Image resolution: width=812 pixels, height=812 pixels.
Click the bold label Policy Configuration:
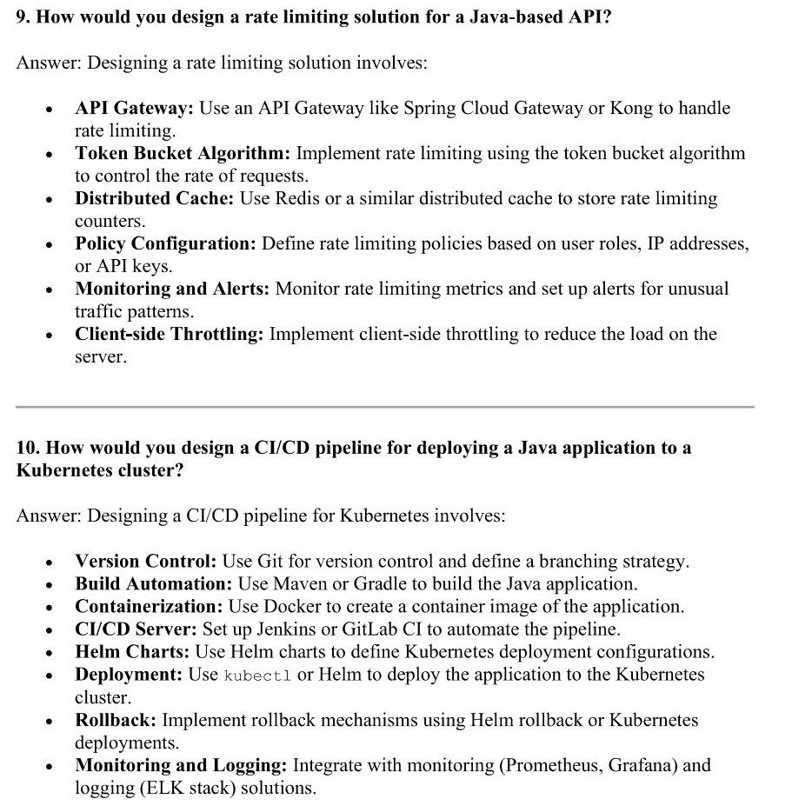(x=165, y=243)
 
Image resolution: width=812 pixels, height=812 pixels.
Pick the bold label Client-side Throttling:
(x=169, y=334)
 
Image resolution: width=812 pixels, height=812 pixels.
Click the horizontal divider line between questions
(x=385, y=406)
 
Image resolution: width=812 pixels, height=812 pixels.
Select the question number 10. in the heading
(x=28, y=448)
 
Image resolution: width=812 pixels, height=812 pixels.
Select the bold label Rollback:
(x=116, y=720)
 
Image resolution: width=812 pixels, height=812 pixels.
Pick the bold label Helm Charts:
(x=132, y=652)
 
